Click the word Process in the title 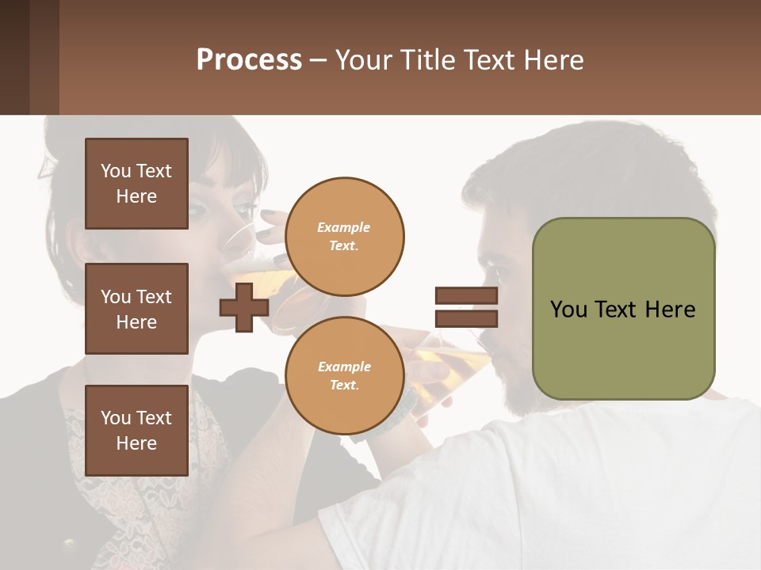[249, 60]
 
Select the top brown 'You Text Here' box [136, 184]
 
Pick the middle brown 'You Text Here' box [136, 309]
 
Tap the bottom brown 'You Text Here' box [136, 430]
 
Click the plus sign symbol [244, 307]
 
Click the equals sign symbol [466, 307]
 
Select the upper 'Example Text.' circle [344, 237]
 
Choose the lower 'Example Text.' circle [344, 376]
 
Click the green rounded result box [623, 309]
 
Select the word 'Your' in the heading [364, 60]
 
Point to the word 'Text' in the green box [622, 309]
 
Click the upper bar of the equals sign [466, 296]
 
